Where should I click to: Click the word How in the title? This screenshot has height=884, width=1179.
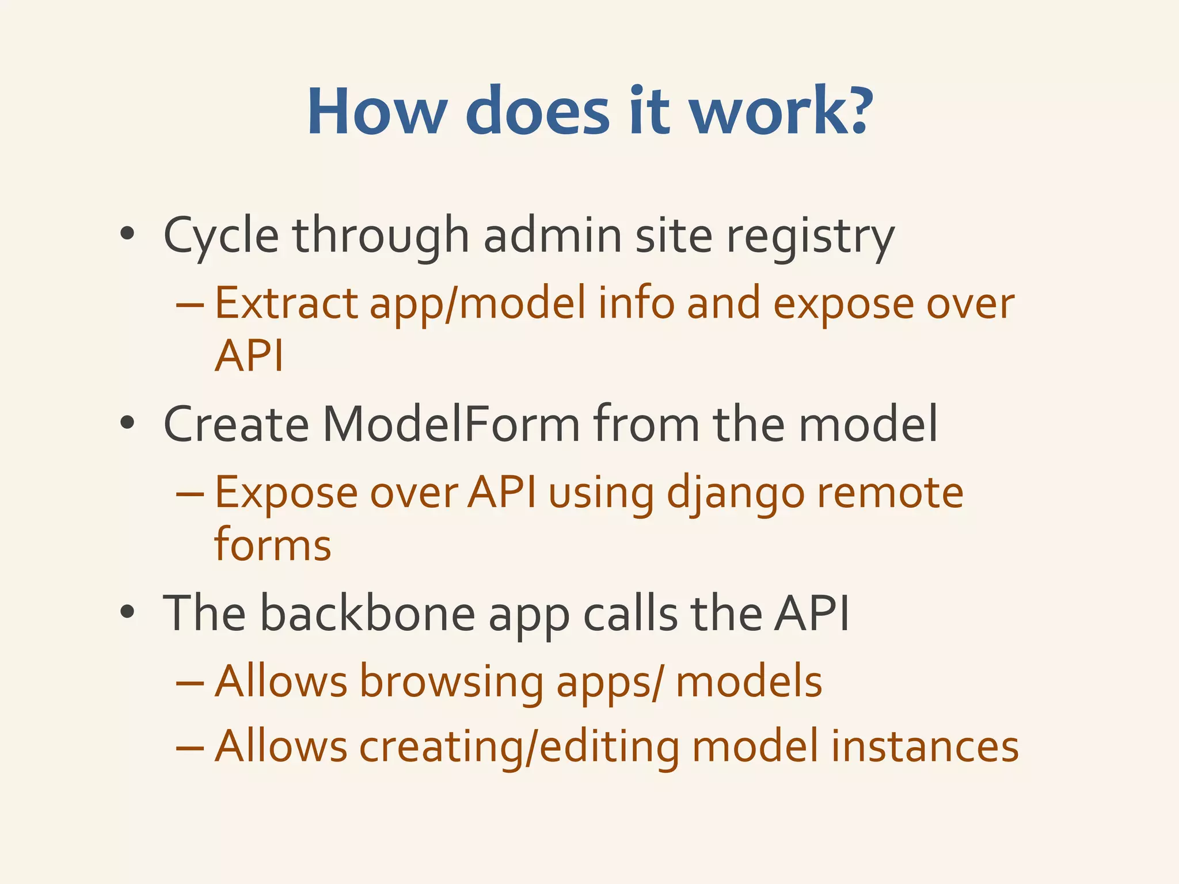point(378,110)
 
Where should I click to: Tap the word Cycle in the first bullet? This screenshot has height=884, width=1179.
point(222,236)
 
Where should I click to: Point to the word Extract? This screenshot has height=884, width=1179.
point(286,303)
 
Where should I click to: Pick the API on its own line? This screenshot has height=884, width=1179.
point(249,356)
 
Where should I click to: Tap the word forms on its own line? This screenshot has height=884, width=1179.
point(272,544)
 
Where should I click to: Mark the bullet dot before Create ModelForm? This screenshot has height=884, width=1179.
point(128,424)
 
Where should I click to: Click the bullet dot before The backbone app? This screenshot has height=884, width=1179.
point(128,613)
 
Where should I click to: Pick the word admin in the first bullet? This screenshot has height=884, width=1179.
point(552,236)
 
